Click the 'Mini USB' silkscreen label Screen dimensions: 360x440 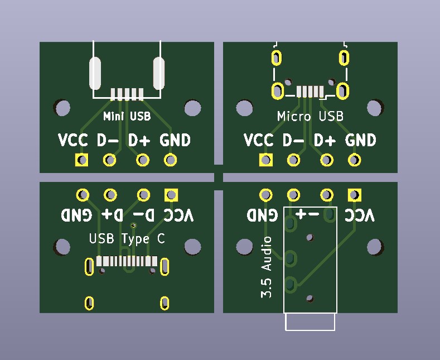[127, 117]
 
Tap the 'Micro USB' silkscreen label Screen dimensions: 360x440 [310, 117]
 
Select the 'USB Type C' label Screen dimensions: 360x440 [127, 239]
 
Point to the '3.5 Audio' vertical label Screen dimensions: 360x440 [267, 267]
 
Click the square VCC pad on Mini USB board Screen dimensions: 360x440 [83, 161]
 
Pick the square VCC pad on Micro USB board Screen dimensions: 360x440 [266, 161]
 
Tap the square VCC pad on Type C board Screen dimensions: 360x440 [171, 195]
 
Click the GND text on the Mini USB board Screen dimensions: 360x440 [175, 141]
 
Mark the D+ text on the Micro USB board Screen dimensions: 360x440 [325, 141]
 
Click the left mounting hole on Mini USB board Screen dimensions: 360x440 [62, 107]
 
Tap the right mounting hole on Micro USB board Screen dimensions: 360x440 [375, 107]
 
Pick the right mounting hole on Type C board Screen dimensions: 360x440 [192, 247]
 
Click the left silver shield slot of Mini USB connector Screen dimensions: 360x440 [95, 73]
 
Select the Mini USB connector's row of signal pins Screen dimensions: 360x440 [127, 94]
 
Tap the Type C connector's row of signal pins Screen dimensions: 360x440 [127, 261]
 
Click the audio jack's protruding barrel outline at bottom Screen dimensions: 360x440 [310, 322]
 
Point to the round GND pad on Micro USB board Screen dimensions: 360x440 [354, 161]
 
